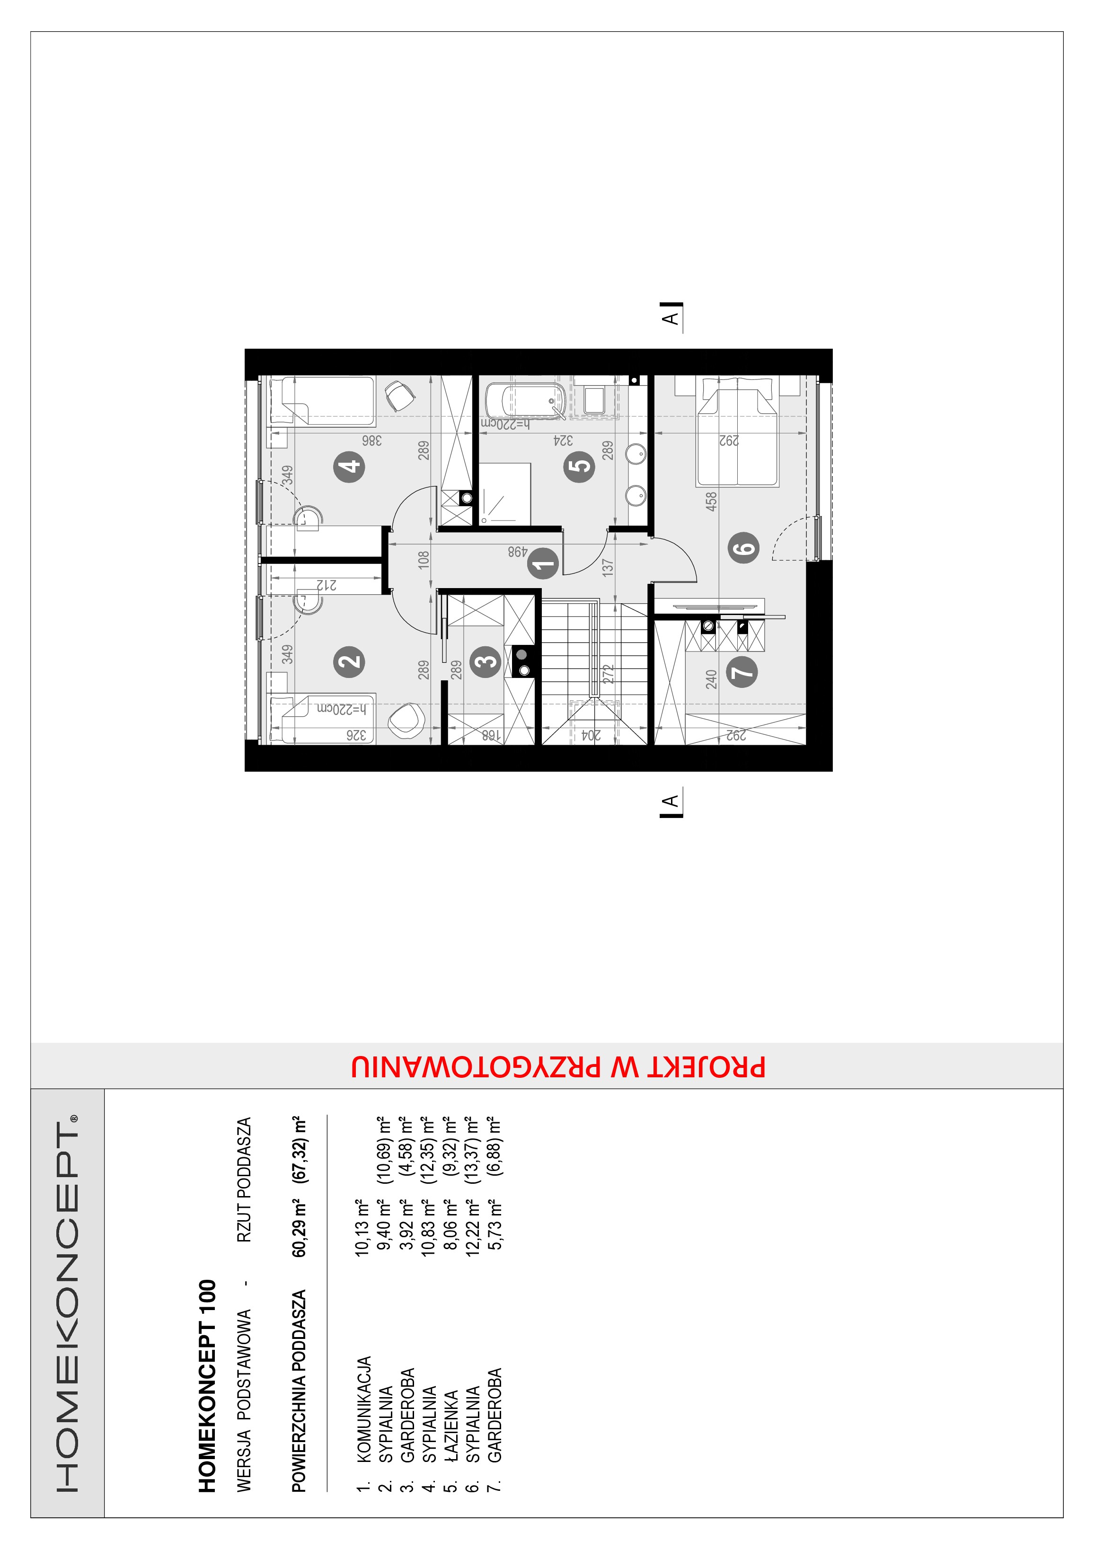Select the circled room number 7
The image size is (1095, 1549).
(742, 671)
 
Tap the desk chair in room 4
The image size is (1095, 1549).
(399, 396)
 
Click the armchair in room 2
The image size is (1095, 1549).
(406, 719)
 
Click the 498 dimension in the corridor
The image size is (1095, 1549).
(517, 552)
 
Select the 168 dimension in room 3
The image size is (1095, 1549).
(492, 735)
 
